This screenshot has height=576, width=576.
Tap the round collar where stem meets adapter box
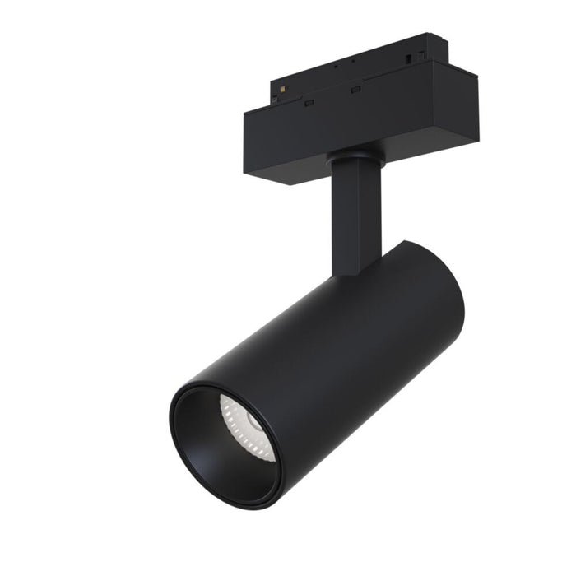pyautogui.click(x=354, y=159)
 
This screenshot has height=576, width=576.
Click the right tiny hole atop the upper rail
pyautogui.click(x=354, y=59)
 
